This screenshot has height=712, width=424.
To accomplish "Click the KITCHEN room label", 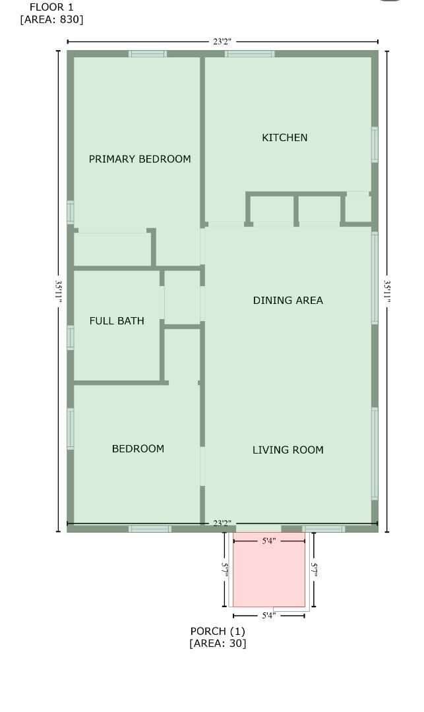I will point(284,138).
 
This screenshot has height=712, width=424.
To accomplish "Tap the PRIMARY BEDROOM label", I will point(140,159).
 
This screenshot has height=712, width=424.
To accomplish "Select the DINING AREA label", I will point(288,301).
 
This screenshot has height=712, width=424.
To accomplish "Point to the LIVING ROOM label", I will point(288,450).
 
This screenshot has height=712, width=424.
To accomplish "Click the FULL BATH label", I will point(117,321).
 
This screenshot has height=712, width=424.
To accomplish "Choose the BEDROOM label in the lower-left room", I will point(138,449).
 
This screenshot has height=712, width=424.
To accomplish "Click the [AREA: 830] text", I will point(51,20).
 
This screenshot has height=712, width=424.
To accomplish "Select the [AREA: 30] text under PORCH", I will point(218,643).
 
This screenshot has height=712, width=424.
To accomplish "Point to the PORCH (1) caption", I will point(218,631).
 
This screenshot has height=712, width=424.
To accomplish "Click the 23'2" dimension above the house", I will point(222,42).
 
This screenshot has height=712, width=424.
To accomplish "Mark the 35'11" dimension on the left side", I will point(59,291).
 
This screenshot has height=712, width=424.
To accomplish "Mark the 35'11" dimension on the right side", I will point(387,291).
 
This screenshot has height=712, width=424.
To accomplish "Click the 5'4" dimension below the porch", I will point(268,616).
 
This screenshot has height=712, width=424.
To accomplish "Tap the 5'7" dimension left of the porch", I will point(225,570).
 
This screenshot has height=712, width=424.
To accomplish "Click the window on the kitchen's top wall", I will point(249,54).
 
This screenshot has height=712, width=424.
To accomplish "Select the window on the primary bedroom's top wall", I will point(148,54).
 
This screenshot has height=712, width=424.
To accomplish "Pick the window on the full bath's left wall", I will point(71,338).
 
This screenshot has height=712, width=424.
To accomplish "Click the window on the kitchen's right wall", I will point(375,144).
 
